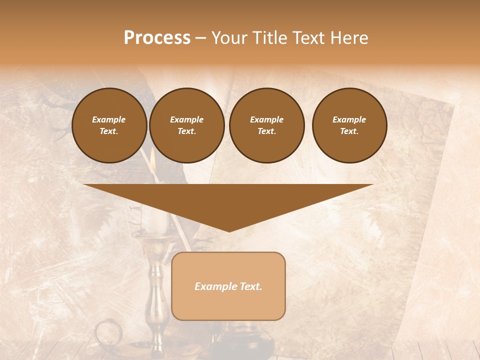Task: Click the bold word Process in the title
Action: pyautogui.click(x=157, y=37)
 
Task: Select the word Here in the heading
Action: pyautogui.click(x=349, y=37)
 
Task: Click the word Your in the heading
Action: pyautogui.click(x=229, y=37)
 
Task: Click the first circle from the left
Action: pyautogui.click(x=109, y=125)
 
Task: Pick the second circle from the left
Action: pyautogui.click(x=186, y=125)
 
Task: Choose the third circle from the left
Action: pyautogui.click(x=266, y=125)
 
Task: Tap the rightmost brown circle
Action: pyautogui.click(x=349, y=125)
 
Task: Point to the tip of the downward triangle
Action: pyautogui.click(x=228, y=230)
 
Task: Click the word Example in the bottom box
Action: pyautogui.click(x=214, y=286)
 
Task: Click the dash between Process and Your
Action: pyautogui.click(x=201, y=38)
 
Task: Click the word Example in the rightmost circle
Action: pyautogui.click(x=349, y=119)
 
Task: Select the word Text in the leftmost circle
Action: pyautogui.click(x=109, y=131)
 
